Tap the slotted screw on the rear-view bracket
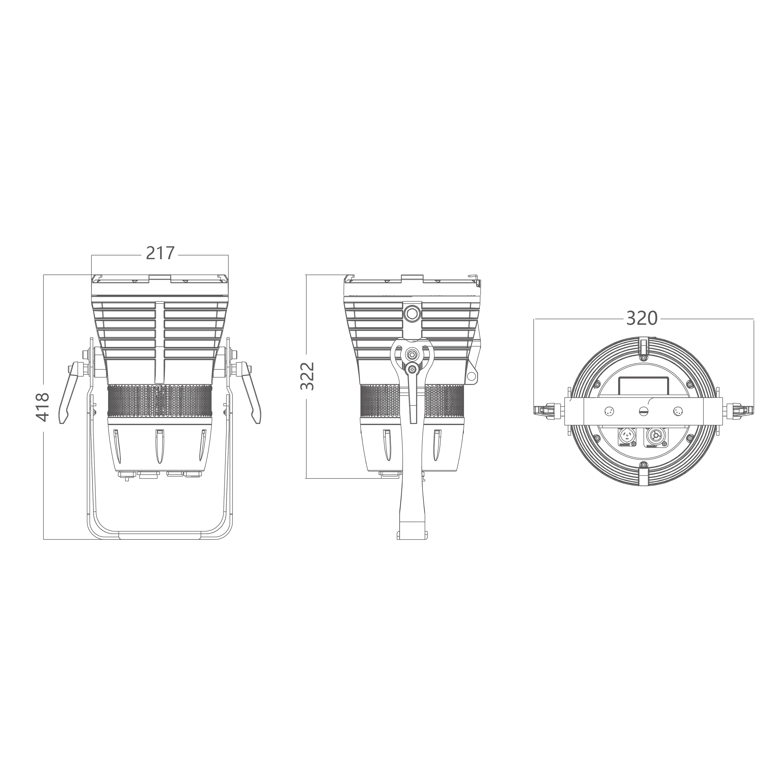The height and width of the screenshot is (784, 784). coord(643,411)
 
